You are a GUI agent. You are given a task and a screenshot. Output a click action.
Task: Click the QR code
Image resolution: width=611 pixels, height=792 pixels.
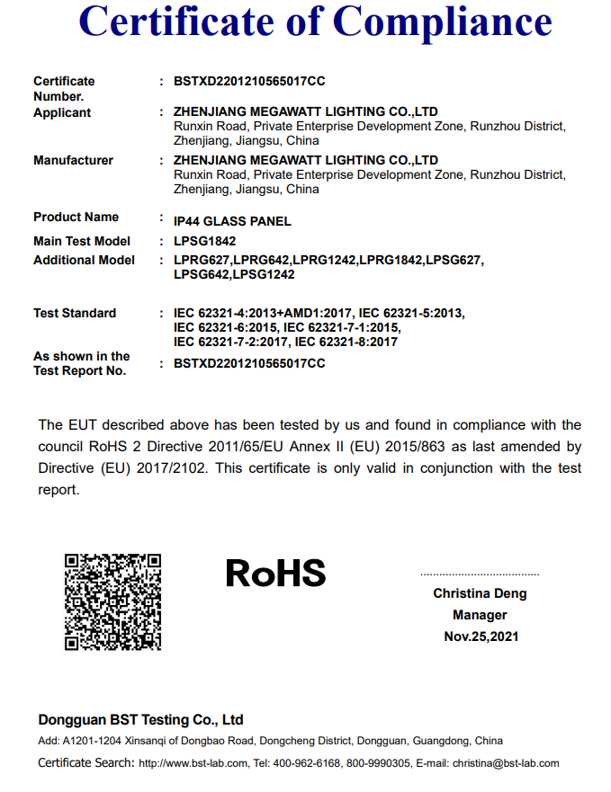(x=112, y=601)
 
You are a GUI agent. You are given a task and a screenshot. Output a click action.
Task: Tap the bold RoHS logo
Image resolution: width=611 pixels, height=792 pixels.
(x=275, y=573)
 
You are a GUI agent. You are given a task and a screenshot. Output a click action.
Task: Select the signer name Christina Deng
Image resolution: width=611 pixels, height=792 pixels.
(x=480, y=593)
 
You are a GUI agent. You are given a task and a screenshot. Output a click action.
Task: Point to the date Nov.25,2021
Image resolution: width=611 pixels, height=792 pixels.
(x=481, y=636)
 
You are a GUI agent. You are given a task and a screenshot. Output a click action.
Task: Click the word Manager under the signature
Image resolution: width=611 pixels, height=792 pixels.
(x=480, y=615)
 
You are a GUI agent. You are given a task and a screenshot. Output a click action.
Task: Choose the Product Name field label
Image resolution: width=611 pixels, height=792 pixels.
(x=76, y=217)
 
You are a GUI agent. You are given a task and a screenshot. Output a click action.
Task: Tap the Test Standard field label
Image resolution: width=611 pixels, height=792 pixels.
(x=75, y=313)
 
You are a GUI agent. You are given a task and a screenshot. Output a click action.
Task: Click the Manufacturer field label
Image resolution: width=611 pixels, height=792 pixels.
(x=73, y=160)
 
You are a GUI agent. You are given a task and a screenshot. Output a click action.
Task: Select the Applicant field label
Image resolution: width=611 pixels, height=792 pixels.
(x=62, y=112)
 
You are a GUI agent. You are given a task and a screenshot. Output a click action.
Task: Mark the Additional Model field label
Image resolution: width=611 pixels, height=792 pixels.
(x=84, y=260)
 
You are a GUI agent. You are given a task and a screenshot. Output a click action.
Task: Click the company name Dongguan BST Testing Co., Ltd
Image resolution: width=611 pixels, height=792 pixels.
(x=140, y=720)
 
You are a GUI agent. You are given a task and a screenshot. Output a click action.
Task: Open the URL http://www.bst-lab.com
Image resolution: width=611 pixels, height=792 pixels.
(x=193, y=763)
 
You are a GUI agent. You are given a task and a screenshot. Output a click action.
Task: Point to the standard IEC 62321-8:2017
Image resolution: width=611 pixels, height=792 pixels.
(x=346, y=342)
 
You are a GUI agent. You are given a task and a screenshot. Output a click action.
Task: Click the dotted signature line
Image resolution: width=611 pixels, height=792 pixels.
(x=480, y=574)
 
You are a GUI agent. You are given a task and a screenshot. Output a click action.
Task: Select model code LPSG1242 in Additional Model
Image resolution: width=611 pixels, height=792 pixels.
(x=265, y=274)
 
